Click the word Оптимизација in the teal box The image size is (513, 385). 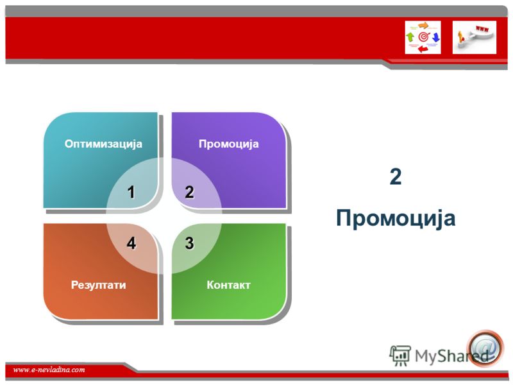103,144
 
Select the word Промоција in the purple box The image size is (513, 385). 229,144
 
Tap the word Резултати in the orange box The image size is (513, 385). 99,285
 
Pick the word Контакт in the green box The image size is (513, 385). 228,285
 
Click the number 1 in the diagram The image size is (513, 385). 131,192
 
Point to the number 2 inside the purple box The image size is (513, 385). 189,192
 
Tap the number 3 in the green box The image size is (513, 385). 189,243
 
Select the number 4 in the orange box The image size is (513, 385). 131,243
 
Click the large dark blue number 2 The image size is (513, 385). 396,176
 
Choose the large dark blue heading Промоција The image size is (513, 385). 396,218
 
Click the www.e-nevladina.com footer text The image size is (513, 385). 49,370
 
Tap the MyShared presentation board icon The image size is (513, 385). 400,355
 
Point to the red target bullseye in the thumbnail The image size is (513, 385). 423,37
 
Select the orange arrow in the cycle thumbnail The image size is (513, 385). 423,26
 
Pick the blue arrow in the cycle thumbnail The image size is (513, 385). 436,37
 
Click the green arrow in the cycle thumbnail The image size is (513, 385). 410,37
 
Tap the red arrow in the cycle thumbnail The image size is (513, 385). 423,49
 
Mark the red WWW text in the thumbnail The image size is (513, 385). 482,29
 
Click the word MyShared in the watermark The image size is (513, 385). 451,356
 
